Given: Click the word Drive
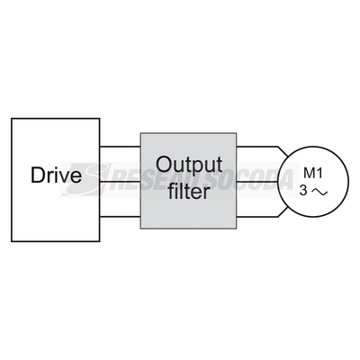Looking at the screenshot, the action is tap(56, 175).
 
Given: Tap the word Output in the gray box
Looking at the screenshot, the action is tap(189, 165).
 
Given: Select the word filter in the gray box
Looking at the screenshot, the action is tap(188, 191).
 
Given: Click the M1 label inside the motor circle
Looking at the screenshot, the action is tap(313, 173).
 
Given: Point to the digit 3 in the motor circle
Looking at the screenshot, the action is tap(303, 191).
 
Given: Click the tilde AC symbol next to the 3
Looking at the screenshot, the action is tap(319, 192).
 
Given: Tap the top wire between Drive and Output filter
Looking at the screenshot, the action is tap(121, 147).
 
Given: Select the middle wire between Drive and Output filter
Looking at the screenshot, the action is tap(121, 182).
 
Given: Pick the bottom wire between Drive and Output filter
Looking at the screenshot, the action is tap(121, 216).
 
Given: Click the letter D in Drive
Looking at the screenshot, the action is tap(37, 175).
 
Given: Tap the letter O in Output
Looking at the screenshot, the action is tap(164, 164).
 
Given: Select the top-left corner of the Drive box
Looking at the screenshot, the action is tap(12, 119).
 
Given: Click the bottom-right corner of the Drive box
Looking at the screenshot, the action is tap(100, 241).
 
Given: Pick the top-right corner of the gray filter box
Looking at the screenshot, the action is tap(237, 133).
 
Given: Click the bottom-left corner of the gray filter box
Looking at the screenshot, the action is tap(140, 229).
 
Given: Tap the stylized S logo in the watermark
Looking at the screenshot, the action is tap(87, 179).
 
